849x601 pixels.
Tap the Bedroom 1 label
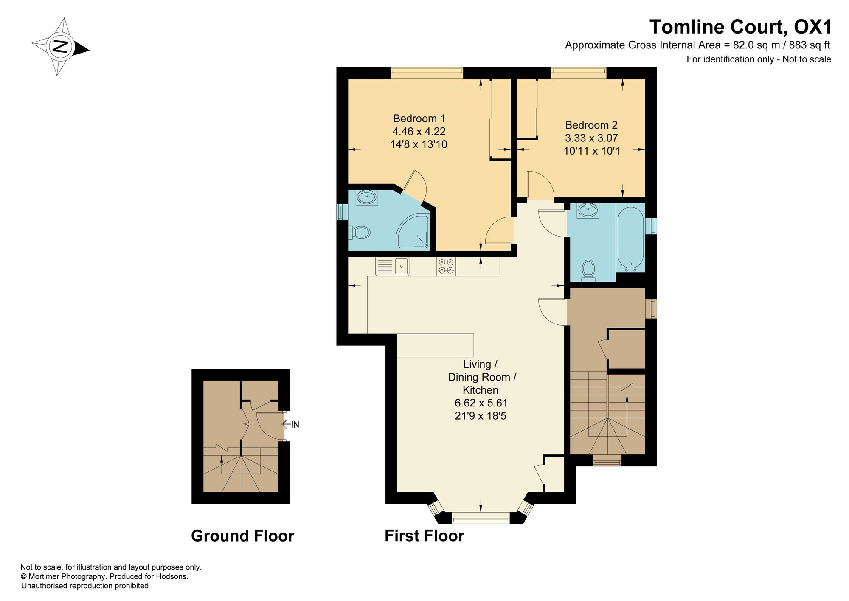click(x=419, y=119)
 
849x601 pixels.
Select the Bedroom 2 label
click(x=591, y=125)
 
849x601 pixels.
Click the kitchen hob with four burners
click(x=446, y=266)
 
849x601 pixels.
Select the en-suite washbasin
click(x=367, y=198)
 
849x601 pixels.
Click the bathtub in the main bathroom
click(x=630, y=240)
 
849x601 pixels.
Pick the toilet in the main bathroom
click(x=588, y=271)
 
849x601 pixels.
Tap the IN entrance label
click(x=295, y=424)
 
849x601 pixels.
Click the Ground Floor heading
click(x=242, y=536)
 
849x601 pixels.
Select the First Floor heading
click(x=424, y=536)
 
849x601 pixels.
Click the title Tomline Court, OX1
click(x=740, y=27)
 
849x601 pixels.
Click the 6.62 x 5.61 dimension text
click(x=481, y=403)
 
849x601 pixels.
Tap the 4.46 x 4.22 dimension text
click(x=419, y=132)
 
